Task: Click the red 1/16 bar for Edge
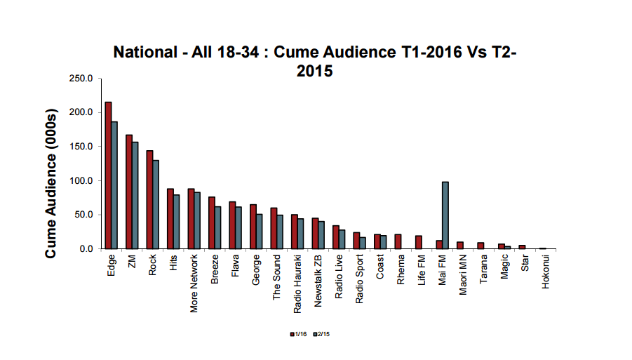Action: [108, 175]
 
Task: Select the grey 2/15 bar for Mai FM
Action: [445, 215]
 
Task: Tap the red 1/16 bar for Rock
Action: [149, 200]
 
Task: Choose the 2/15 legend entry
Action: [322, 334]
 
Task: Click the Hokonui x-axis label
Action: [546, 271]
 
